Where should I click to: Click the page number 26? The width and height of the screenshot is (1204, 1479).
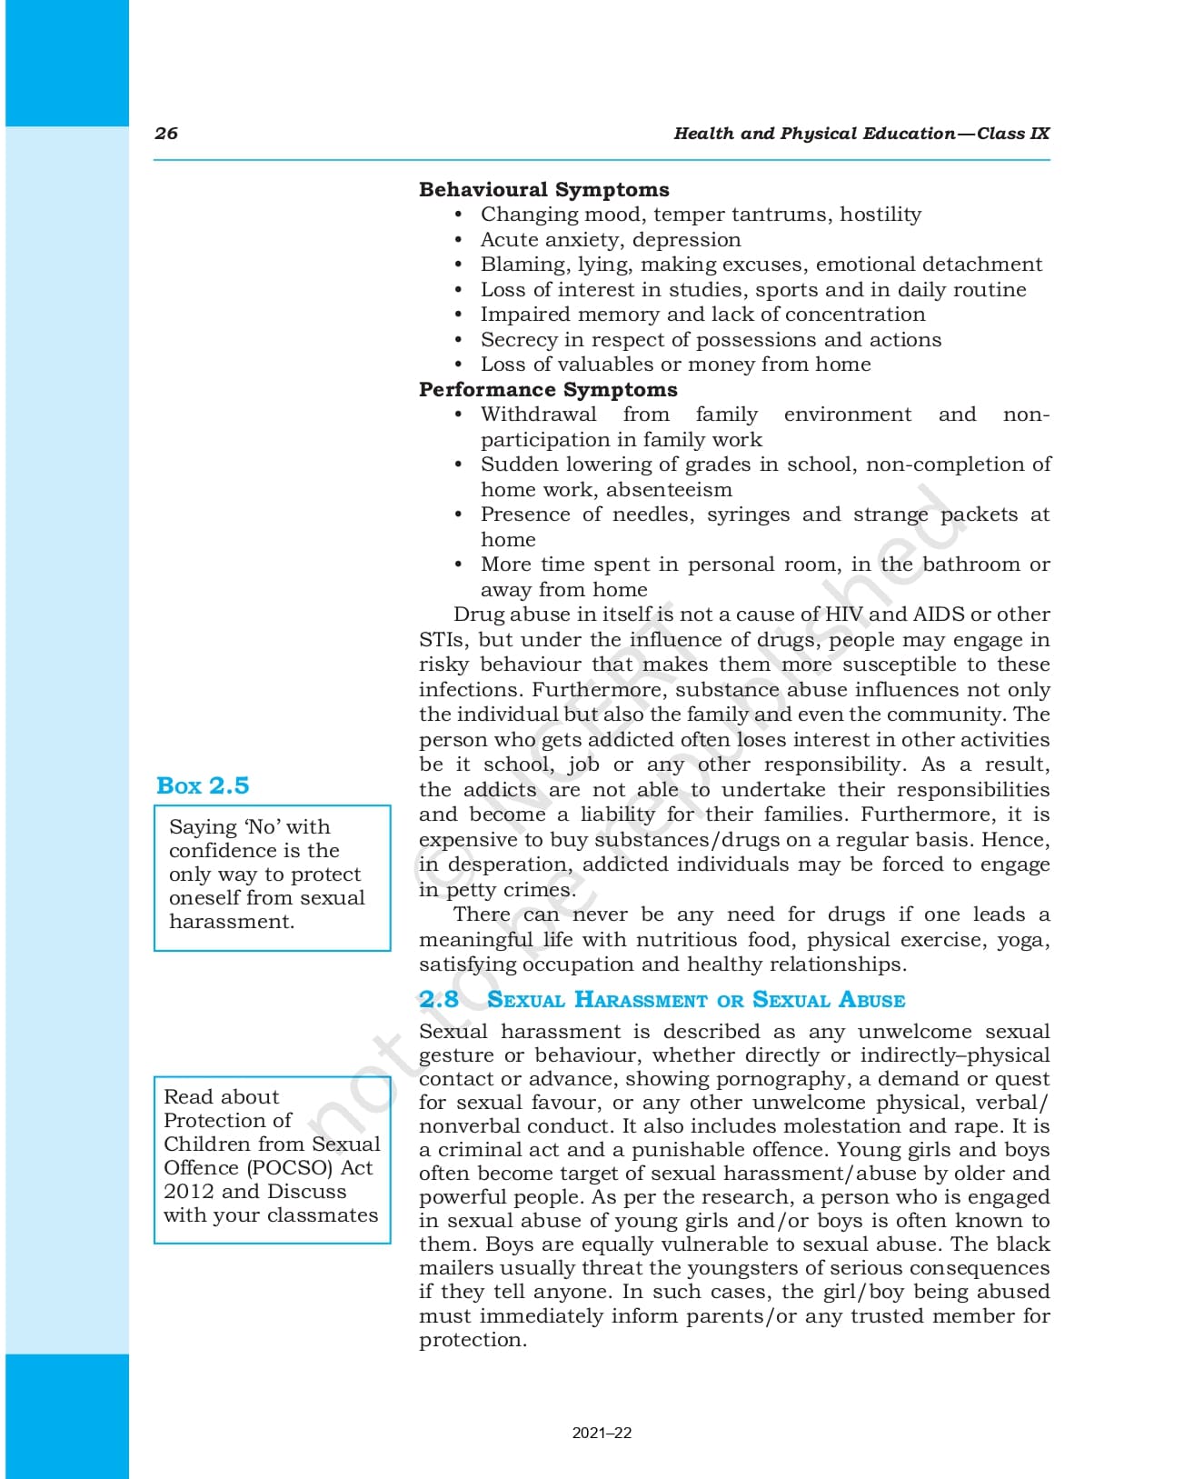pos(166,134)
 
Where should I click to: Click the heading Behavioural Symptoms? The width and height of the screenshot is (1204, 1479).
pos(543,189)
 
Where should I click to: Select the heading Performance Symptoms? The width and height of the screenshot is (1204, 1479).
pos(548,389)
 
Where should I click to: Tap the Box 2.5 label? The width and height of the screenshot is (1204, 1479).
pos(203,785)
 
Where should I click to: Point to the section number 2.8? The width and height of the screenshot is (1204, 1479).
pos(439,999)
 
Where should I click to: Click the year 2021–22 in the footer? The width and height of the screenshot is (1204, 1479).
pos(602,1433)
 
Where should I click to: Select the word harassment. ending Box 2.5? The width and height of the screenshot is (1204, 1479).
pos(232,922)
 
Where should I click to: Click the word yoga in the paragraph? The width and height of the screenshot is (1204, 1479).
pos(1022,940)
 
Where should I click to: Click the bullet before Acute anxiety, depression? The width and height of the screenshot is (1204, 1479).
pos(459,240)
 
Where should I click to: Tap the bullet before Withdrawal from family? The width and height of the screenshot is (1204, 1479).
pos(459,415)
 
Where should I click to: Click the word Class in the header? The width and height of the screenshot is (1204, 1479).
pos(1000,134)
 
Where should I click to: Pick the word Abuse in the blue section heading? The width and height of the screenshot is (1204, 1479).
pos(871,1000)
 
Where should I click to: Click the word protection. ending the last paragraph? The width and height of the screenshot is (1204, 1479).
pos(473,1340)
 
